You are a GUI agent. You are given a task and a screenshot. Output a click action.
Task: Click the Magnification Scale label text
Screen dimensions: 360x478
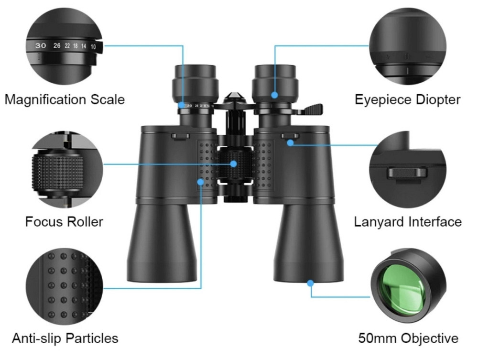[65, 99]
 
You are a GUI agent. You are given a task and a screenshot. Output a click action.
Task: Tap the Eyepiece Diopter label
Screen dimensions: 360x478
[407, 99]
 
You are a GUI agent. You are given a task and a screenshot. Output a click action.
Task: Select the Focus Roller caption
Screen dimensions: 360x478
[64, 222]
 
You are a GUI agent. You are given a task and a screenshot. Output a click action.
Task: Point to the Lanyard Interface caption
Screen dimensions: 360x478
[408, 222]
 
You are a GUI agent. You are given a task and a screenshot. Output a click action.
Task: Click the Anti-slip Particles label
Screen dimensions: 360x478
[65, 338]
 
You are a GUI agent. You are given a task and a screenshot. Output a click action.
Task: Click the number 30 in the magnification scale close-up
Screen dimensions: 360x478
[41, 46]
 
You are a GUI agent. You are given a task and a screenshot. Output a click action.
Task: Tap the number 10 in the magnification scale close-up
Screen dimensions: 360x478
[93, 46]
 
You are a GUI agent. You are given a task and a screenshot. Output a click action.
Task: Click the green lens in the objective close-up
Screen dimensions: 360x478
[401, 290]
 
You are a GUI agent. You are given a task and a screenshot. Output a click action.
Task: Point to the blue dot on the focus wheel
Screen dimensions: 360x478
[234, 164]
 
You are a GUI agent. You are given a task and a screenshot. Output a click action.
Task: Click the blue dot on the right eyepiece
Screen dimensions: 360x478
[274, 95]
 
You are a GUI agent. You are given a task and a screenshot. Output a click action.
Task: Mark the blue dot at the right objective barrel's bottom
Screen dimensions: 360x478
[310, 283]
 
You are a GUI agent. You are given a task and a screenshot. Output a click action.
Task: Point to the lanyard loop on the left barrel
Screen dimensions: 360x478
[181, 137]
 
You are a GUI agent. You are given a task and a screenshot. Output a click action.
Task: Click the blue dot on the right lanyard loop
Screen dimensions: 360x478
[290, 142]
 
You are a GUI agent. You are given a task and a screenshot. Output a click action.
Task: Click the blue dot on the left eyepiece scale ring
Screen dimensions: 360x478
[183, 105]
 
